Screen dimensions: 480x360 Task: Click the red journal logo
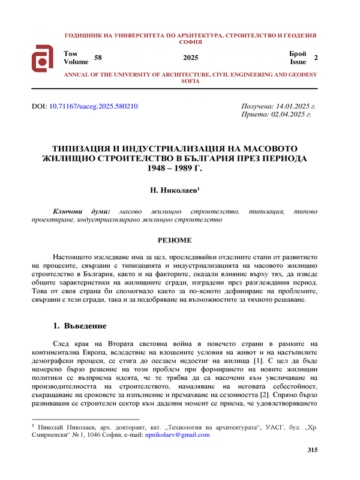click(43, 58)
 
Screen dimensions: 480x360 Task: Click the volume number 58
click(98, 57)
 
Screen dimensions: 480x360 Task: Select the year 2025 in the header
click(190, 58)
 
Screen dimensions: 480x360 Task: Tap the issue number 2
click(316, 57)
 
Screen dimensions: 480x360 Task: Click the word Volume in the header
click(75, 61)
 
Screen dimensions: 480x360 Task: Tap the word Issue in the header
click(298, 61)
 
